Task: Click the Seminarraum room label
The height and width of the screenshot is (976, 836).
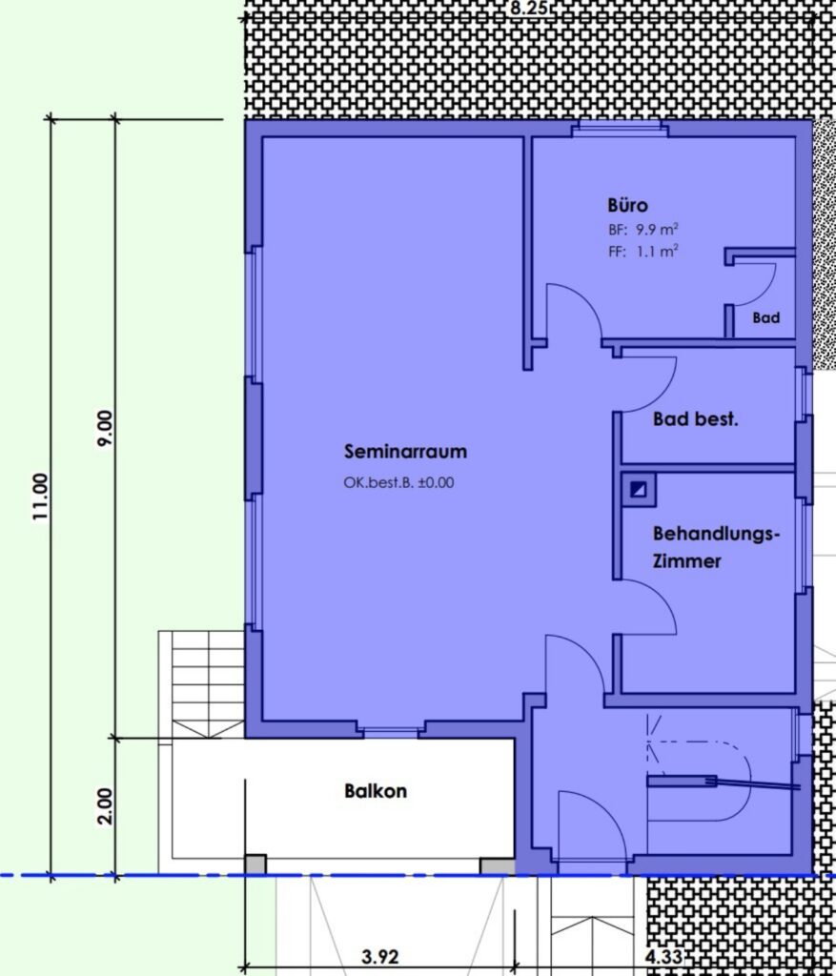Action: [405, 451]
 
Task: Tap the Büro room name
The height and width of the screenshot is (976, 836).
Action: [627, 205]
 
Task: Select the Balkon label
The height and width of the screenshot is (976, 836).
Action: [376, 791]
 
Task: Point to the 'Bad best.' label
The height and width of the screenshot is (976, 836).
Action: [695, 419]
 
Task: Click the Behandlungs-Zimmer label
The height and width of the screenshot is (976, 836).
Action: [716, 547]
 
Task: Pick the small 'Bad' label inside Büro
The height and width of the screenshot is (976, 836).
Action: [765, 318]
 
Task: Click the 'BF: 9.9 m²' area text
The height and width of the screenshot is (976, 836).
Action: [643, 229]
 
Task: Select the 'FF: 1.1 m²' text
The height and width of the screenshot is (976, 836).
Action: [643, 252]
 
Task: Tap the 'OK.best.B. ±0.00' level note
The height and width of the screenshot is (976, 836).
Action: [398, 482]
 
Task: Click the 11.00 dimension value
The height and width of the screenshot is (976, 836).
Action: [40, 498]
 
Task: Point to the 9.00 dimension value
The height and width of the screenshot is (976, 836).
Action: [105, 428]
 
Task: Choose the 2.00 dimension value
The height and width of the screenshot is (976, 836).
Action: [105, 806]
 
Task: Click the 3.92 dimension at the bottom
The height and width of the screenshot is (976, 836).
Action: [379, 956]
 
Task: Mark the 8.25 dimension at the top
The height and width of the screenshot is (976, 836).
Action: [528, 8]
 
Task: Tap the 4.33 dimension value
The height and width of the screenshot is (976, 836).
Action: [664, 956]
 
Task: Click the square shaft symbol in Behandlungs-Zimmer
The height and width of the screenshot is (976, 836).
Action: [639, 489]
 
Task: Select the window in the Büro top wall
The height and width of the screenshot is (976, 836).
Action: [620, 129]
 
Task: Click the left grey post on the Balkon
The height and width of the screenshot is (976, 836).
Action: [255, 864]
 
